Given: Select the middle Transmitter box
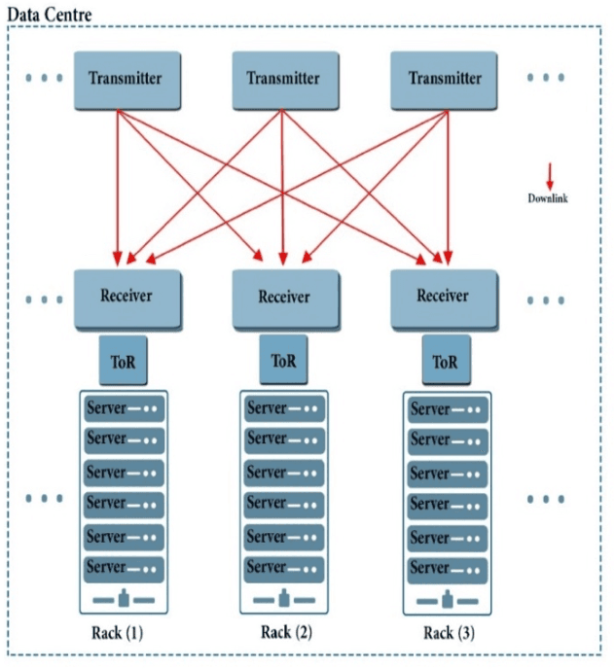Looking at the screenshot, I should [282, 78].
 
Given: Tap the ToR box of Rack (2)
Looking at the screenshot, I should [283, 362].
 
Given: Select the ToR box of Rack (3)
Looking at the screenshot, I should [445, 362].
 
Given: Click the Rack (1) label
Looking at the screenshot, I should [120, 634].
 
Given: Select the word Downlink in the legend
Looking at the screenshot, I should [548, 198].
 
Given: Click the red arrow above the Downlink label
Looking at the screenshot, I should [549, 176].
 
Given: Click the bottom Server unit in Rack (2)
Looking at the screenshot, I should [283, 567].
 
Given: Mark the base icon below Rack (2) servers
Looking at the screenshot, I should [283, 596].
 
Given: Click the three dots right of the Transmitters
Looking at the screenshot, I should [546, 78].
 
